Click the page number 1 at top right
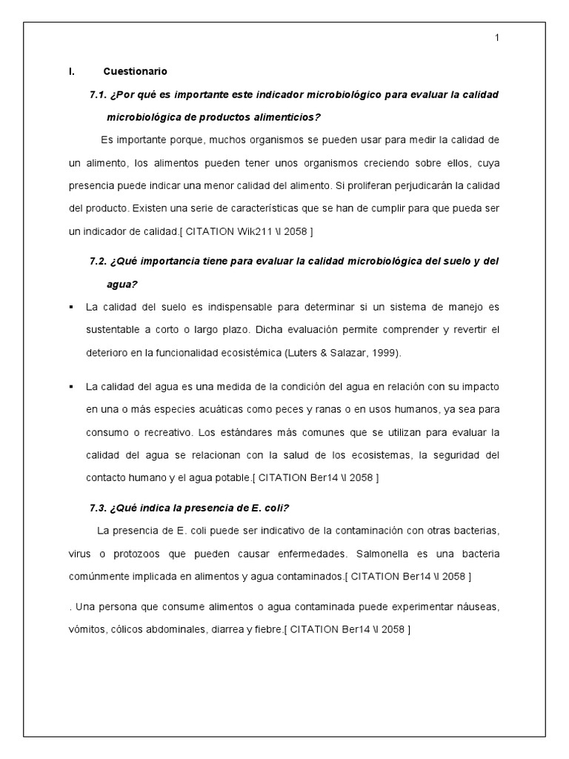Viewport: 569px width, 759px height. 497,39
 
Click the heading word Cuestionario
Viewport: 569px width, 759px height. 136,72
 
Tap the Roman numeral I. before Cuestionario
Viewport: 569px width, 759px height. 71,72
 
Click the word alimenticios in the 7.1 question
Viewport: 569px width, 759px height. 293,117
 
